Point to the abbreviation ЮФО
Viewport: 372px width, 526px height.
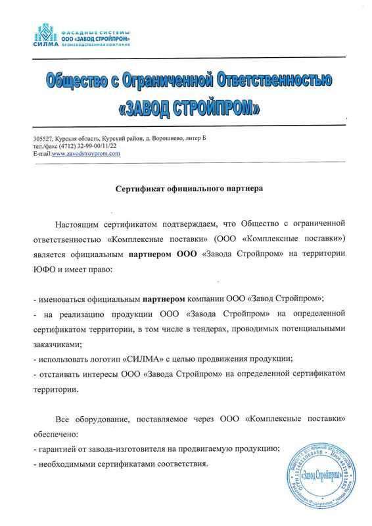[44, 270]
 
